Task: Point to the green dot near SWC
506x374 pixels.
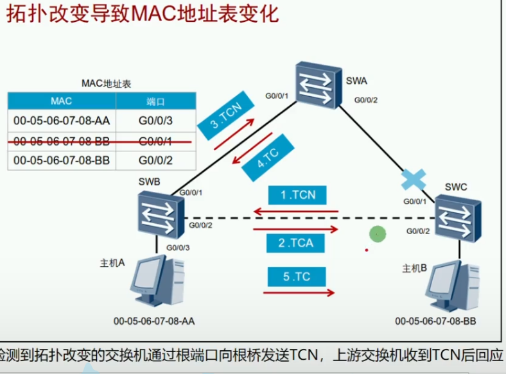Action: pyautogui.click(x=378, y=234)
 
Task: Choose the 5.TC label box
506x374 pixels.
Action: pyautogui.click(x=297, y=277)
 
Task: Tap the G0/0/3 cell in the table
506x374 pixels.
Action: pyautogui.click(x=155, y=120)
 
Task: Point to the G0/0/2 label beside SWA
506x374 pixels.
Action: pyautogui.click(x=366, y=100)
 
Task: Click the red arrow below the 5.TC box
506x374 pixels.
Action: pyautogui.click(x=299, y=293)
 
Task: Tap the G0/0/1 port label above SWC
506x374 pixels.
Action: pyautogui.click(x=415, y=201)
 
